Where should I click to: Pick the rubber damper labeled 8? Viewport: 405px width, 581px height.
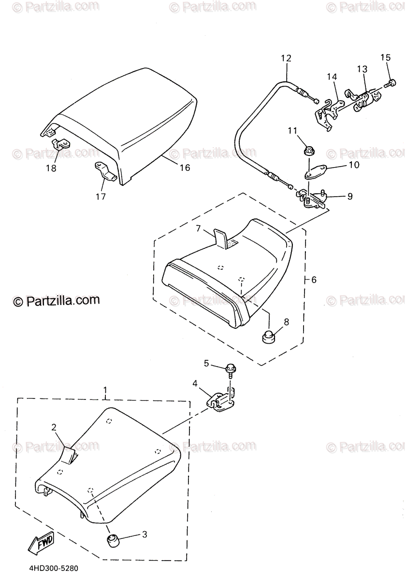pyautogui.click(x=269, y=336)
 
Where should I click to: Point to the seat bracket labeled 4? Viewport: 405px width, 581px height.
pyautogui.click(x=222, y=400)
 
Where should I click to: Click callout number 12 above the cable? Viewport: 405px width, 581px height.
pyautogui.click(x=286, y=58)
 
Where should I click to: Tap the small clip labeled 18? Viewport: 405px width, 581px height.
pyautogui.click(x=60, y=144)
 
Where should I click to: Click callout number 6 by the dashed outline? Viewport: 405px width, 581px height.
pyautogui.click(x=314, y=280)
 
